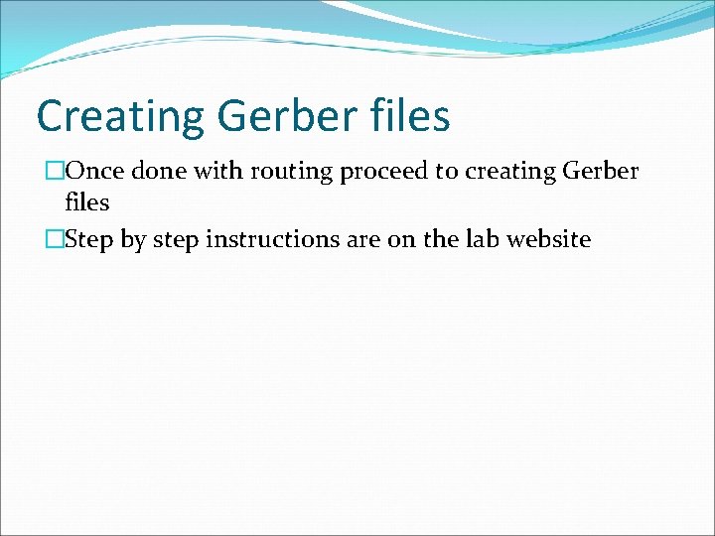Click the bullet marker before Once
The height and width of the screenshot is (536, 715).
pos(56,172)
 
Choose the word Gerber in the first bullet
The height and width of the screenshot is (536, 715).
pos(601,172)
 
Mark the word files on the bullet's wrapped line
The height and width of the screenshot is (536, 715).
pos(86,202)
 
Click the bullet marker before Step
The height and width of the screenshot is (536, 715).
pos(56,239)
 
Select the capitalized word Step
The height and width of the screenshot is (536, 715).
pos(86,240)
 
